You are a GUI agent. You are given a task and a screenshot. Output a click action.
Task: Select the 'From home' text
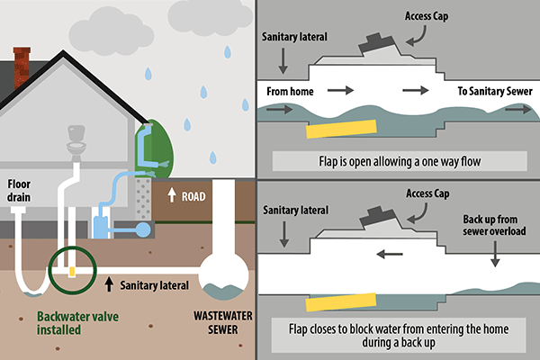(x=290, y=92)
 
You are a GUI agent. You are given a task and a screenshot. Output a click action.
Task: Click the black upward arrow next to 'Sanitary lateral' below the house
(x=110, y=285)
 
